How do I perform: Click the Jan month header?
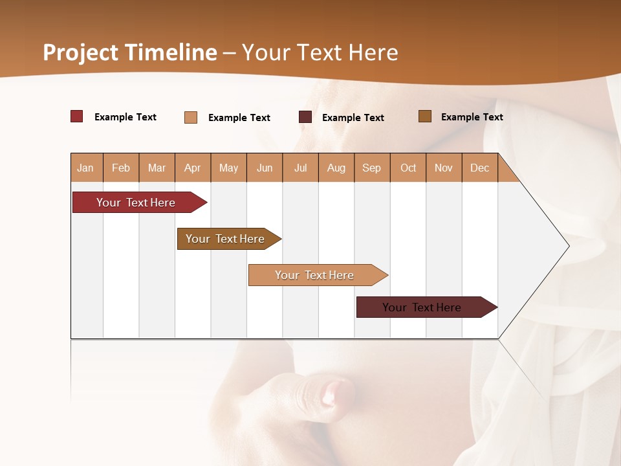point(86,168)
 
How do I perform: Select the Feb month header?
point(121,168)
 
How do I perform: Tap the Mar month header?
point(157,168)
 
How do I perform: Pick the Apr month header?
point(193,168)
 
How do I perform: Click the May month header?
point(228,168)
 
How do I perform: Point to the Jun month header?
point(265,168)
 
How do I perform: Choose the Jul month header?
point(300,168)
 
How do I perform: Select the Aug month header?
point(336,168)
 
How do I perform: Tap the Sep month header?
point(372,168)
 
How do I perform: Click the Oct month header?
point(408,168)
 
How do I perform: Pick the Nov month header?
point(444,168)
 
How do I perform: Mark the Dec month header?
point(480,168)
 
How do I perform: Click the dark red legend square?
point(77,116)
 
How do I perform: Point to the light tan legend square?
point(191,117)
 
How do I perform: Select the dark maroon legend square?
point(305,117)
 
